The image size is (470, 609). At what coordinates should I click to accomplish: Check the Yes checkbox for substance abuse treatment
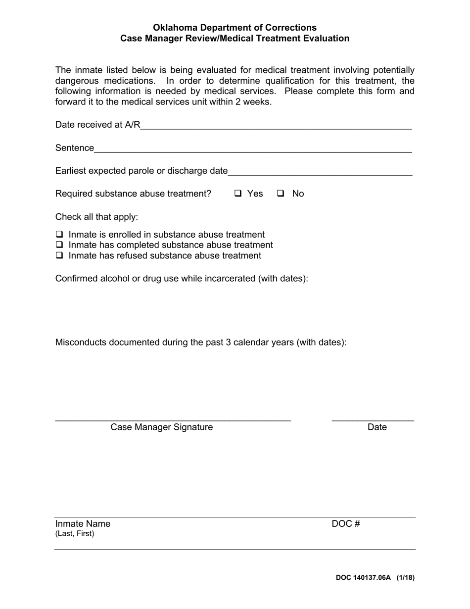pos(238,194)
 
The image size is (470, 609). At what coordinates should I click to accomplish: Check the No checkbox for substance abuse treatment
pos(281,194)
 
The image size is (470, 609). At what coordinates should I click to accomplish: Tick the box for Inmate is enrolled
pos(59,234)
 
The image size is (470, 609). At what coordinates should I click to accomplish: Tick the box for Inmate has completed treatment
pos(59,245)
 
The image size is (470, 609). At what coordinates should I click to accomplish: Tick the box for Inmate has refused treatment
pos(59,255)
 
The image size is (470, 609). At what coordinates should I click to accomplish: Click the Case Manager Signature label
pos(162,427)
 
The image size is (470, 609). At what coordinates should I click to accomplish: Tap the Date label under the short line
pos(377,427)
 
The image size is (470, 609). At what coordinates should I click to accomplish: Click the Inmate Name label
pos(83,524)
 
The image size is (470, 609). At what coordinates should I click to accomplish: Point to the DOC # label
pos(346,524)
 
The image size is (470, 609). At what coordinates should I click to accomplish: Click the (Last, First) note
pos(75,534)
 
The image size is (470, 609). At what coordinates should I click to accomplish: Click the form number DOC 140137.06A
pos(363,577)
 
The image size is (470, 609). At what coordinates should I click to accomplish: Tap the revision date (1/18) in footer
pos(406,577)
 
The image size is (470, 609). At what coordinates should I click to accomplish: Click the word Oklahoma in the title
pos(175,28)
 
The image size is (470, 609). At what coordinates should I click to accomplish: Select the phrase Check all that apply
pos(97,217)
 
